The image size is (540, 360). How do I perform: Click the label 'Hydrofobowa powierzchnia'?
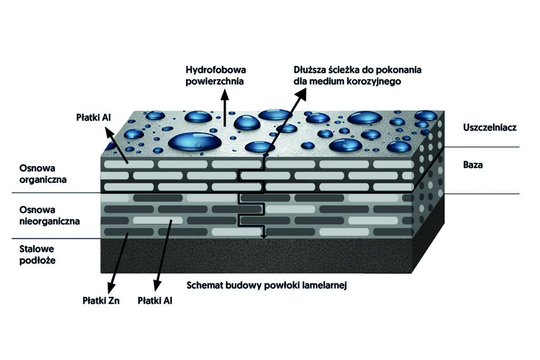coord(216,75)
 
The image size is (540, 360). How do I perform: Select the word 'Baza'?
coord(473,165)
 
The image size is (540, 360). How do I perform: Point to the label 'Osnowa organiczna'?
coord(42,173)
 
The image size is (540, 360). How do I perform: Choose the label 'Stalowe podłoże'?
coord(37,255)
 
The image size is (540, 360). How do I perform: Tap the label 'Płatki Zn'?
coord(100,301)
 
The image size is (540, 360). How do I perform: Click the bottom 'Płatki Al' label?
coord(155,301)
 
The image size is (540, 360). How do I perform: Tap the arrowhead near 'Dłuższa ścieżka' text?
coord(302,93)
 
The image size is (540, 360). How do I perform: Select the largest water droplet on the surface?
coord(195,141)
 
